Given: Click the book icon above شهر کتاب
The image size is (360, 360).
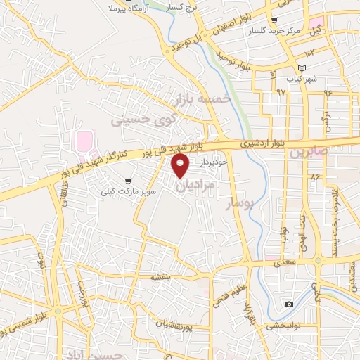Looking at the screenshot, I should pyautogui.click(x=302, y=68).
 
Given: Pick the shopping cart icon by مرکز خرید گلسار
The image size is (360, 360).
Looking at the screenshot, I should pyautogui.click(x=274, y=20).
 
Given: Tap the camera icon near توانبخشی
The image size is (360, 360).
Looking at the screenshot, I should pyautogui.click(x=289, y=304).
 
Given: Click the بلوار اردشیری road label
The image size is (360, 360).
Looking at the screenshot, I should pyautogui.click(x=261, y=143).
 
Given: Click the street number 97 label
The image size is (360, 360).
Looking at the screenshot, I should pyautogui.click(x=282, y=92).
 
